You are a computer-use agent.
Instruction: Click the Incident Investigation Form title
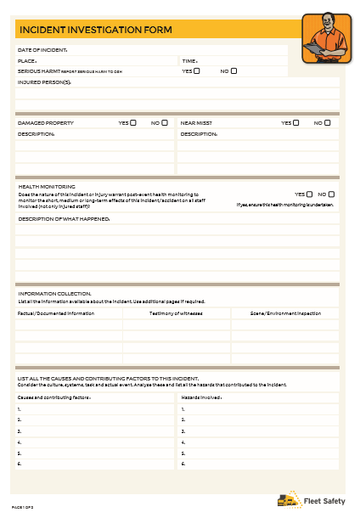[95, 30]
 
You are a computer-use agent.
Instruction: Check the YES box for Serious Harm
[197, 71]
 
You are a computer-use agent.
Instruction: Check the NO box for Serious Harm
[234, 71]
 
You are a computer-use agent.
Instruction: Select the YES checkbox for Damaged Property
[134, 123]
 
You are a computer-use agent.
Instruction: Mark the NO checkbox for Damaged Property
[166, 123]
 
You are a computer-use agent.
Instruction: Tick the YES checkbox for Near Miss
[296, 123]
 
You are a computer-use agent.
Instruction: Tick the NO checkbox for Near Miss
[328, 123]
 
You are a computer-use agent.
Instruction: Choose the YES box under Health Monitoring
[309, 194]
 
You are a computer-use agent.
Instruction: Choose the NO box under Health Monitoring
[331, 194]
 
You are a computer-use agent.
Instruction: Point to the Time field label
[189, 61]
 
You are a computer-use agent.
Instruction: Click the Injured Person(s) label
[45, 82]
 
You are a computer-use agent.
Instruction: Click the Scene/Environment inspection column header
[285, 313]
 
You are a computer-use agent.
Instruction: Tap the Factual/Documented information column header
[56, 313]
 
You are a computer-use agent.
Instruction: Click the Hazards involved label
[202, 397]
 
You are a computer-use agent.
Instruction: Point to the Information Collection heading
[54, 294]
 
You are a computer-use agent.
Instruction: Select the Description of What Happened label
[65, 219]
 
